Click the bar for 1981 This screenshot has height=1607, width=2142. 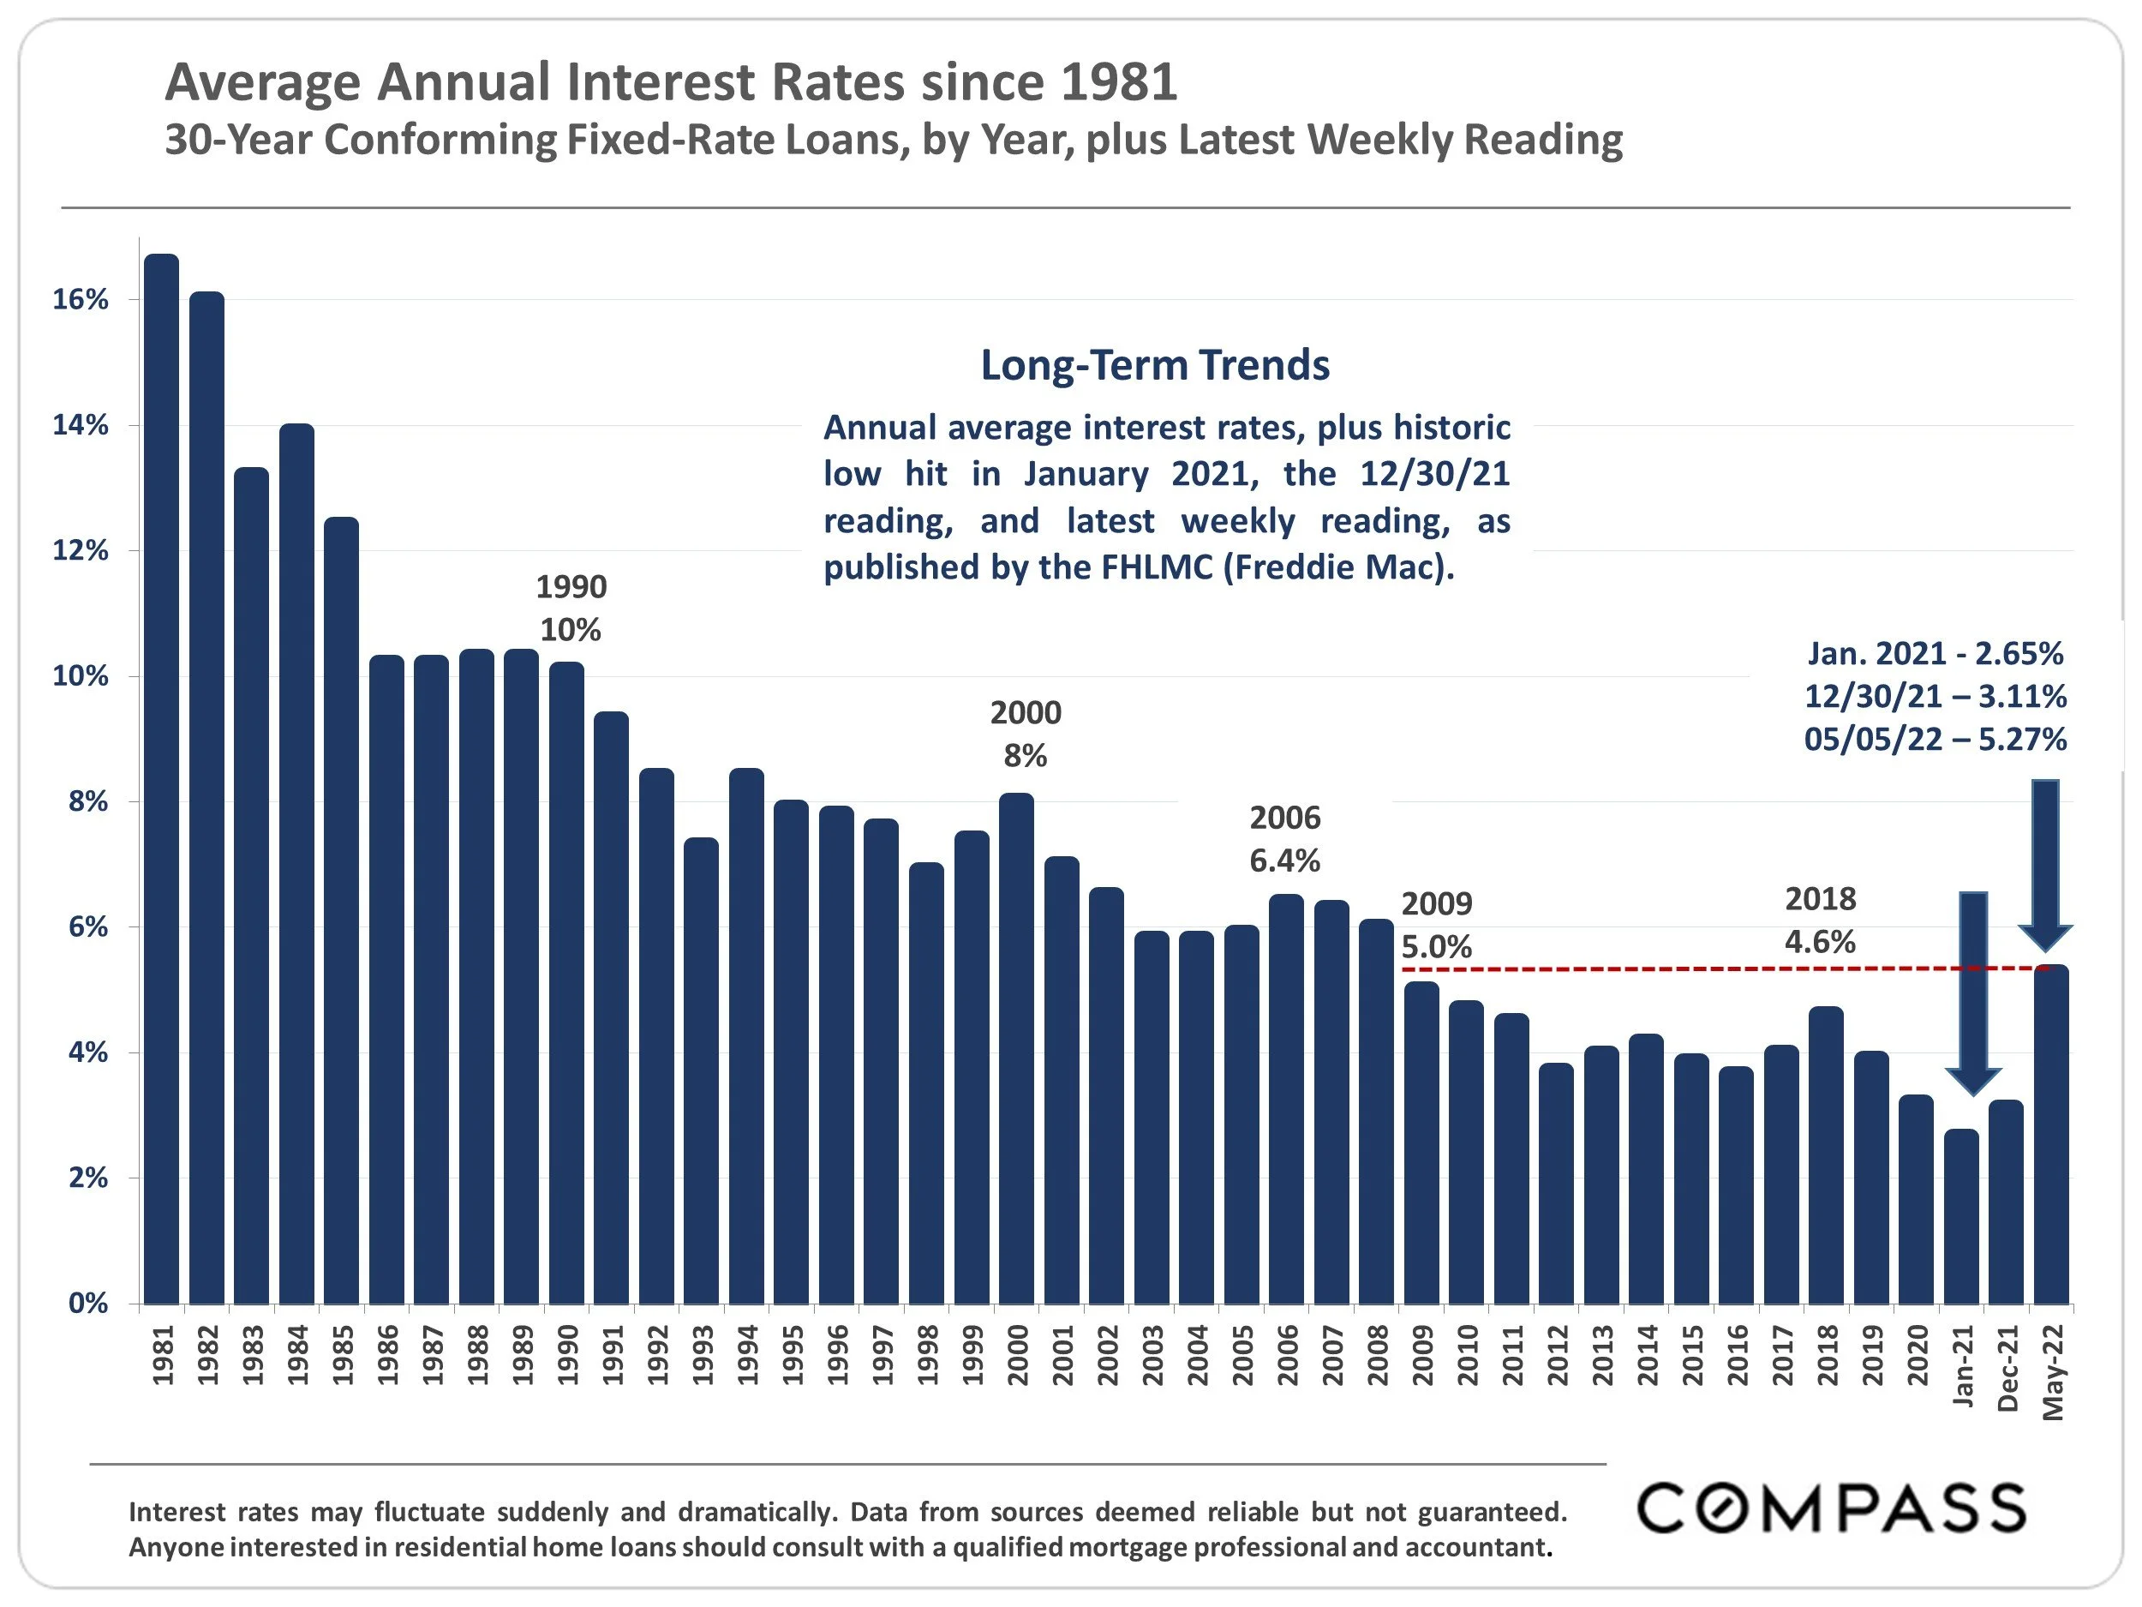[x=162, y=779]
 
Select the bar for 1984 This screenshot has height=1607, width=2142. [x=296, y=864]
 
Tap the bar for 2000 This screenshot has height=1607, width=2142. [x=1017, y=1048]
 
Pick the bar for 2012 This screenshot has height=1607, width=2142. [x=1556, y=1183]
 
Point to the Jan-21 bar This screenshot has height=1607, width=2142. [x=1961, y=1217]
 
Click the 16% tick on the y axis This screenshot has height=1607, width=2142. [x=81, y=299]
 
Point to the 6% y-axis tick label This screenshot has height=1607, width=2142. [x=87, y=927]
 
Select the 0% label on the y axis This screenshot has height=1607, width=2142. [x=87, y=1304]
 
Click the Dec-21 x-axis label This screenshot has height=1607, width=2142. [x=2007, y=1369]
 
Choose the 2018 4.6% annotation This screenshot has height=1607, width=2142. [x=1820, y=920]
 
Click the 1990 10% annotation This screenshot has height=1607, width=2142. [x=571, y=609]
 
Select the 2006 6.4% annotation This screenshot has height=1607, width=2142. [x=1284, y=839]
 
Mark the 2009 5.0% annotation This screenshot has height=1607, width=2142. [x=1436, y=925]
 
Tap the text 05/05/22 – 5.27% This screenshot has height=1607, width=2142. [x=1934, y=739]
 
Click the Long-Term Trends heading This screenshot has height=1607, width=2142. [x=1154, y=365]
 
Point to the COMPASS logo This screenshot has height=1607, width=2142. [x=1831, y=1508]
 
